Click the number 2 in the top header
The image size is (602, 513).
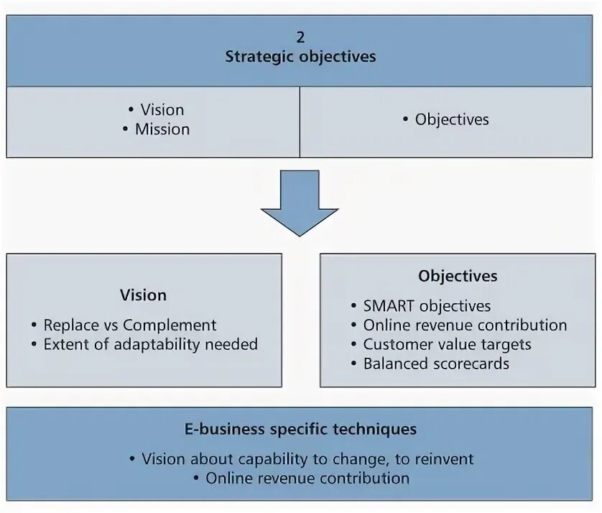(300, 37)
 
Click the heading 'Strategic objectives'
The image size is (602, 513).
(300, 57)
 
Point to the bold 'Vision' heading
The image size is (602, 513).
(143, 295)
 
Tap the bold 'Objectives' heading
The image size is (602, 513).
(458, 276)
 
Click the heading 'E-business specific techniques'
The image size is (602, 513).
(300, 430)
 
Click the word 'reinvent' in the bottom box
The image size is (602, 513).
(444, 458)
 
